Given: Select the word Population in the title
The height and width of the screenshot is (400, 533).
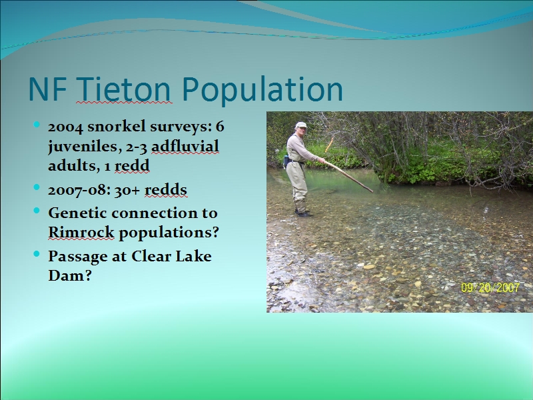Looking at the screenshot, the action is click(262, 89).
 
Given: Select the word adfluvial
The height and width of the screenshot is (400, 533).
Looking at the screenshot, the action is click(185, 146).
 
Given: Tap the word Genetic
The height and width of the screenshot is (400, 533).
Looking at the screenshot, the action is click(77, 213).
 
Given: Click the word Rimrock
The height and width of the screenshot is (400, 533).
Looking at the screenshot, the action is click(81, 232).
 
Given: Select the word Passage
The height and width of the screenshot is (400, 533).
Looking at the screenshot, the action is click(77, 257).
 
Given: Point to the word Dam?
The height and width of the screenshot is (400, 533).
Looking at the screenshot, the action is click(70, 275).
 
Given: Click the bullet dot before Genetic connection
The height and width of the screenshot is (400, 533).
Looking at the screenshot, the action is click(37, 211).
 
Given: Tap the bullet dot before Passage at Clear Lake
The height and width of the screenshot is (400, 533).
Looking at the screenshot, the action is click(37, 254).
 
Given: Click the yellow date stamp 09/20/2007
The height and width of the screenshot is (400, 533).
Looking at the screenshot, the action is click(490, 288).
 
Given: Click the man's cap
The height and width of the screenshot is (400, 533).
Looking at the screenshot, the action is click(301, 125).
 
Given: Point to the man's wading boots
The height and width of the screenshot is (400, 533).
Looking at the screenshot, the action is click(303, 213).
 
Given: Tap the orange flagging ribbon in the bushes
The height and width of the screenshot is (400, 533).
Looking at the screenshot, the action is click(329, 145).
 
